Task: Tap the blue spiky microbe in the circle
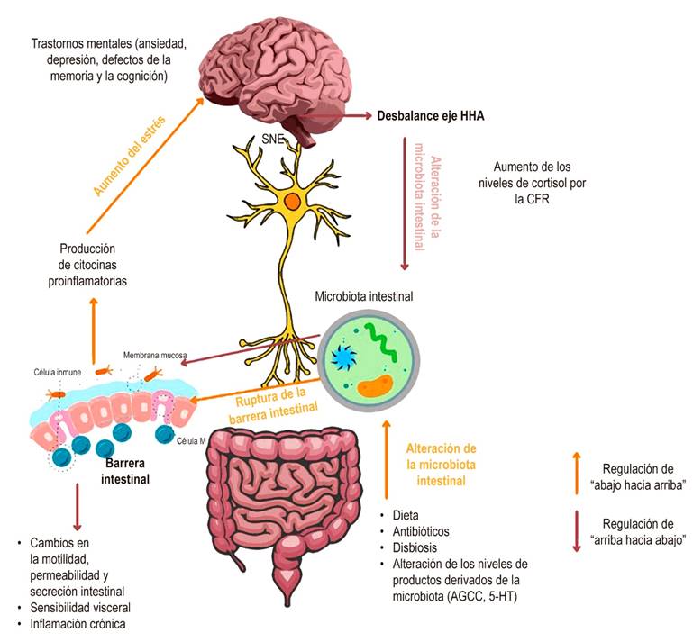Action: point(343,357)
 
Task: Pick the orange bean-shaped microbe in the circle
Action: point(374,388)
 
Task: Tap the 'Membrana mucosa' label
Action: point(154,356)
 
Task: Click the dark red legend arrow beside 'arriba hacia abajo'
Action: point(576,532)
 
